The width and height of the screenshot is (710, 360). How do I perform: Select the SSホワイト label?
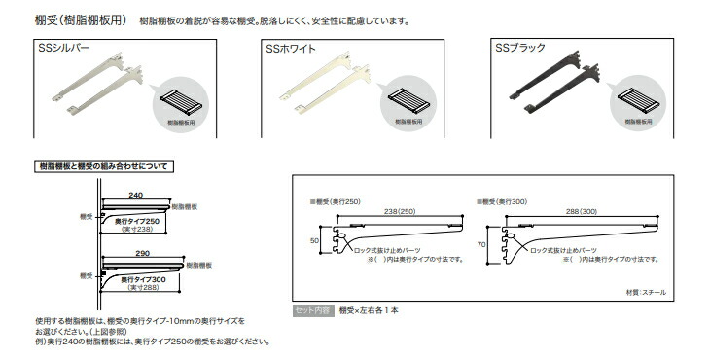(x=289, y=47)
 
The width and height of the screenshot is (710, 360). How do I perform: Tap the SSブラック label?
(x=520, y=47)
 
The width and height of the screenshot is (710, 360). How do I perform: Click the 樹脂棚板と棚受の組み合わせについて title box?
(x=102, y=166)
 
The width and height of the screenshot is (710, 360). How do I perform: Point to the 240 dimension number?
(x=135, y=196)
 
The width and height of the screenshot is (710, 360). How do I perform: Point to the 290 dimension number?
(x=141, y=253)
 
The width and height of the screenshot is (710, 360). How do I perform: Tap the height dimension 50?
(x=315, y=238)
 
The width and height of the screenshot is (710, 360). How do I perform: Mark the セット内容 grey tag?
(x=313, y=311)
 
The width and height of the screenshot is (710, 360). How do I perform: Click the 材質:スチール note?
(x=646, y=291)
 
